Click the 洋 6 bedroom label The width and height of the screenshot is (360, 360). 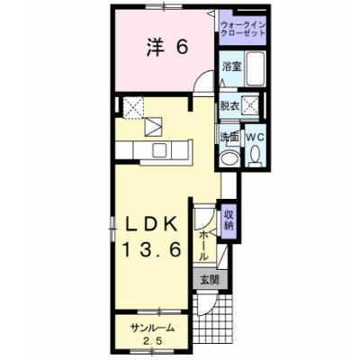(x=167, y=48)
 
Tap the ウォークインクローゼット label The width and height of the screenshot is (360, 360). (x=243, y=29)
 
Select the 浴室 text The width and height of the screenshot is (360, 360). (x=232, y=67)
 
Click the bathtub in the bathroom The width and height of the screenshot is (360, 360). (x=256, y=68)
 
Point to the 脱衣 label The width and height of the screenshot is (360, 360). (x=229, y=105)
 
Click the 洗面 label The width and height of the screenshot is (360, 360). (x=229, y=137)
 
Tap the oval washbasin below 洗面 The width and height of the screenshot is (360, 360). (x=229, y=159)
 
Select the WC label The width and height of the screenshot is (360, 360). (x=256, y=137)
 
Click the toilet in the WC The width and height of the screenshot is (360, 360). (x=256, y=155)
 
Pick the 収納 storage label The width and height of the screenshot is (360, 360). (x=229, y=220)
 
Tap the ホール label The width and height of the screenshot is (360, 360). (x=202, y=246)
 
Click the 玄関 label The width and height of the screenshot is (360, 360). (x=210, y=280)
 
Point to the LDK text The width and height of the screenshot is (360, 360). (x=150, y=224)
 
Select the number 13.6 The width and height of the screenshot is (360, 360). (x=151, y=249)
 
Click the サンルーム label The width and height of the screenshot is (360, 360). (x=152, y=328)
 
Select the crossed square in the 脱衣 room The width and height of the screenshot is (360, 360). (x=250, y=104)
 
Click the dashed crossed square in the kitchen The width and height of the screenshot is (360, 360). (x=133, y=107)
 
